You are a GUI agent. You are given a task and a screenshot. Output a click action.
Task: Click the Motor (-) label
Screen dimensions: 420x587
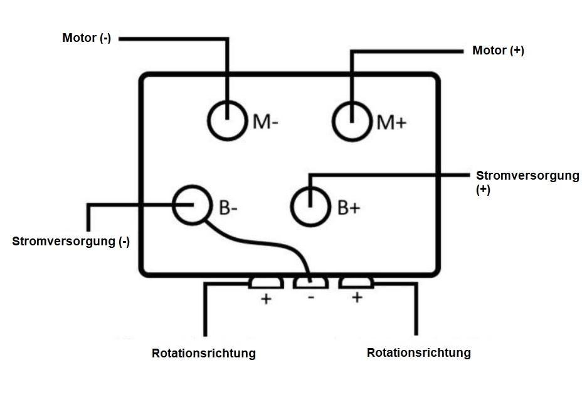(87, 38)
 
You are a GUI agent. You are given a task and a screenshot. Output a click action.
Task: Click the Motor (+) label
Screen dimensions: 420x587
(498, 51)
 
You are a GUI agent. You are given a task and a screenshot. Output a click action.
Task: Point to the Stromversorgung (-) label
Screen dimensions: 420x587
(71, 242)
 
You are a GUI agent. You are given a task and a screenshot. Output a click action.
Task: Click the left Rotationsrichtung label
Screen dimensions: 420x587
(204, 354)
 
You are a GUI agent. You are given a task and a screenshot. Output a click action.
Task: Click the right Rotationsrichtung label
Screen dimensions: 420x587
(418, 353)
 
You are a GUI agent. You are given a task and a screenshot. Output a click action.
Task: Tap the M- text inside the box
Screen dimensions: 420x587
(266, 121)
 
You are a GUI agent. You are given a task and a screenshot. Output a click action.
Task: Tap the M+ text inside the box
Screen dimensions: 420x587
(391, 122)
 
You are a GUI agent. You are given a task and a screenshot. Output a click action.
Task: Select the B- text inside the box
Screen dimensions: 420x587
(228, 208)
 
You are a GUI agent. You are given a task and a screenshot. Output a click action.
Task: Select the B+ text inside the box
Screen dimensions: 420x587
(349, 208)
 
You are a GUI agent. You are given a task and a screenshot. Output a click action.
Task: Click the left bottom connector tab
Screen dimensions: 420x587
(267, 283)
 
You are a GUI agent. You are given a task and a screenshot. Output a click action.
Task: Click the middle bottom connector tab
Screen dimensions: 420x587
(311, 283)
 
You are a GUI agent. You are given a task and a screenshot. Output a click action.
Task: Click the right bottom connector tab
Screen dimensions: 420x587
(356, 283)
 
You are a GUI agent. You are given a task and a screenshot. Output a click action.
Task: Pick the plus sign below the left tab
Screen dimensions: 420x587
(267, 299)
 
